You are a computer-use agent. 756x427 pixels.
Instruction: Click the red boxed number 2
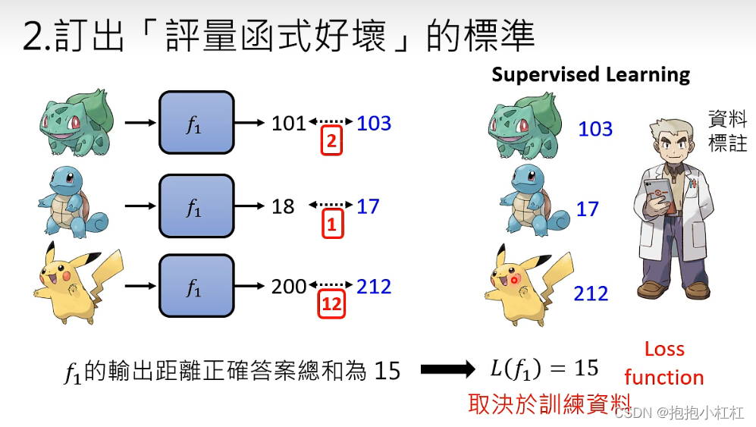click(331, 142)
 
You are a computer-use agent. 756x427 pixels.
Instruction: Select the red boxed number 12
click(331, 305)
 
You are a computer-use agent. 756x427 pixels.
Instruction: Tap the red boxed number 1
click(331, 224)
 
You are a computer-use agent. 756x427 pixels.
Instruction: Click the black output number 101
click(289, 123)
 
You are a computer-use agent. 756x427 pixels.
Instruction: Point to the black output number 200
click(289, 287)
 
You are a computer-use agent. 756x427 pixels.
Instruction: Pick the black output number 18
click(283, 206)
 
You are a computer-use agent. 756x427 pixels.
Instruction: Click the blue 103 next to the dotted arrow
click(374, 123)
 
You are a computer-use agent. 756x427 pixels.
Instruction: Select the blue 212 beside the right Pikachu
click(591, 294)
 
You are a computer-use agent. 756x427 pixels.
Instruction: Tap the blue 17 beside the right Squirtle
click(588, 209)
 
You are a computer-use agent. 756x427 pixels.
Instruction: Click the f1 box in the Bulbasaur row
click(196, 123)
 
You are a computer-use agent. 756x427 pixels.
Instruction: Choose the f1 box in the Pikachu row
click(196, 286)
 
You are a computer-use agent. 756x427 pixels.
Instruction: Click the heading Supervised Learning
click(591, 74)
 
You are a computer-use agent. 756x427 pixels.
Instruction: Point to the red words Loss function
click(664, 363)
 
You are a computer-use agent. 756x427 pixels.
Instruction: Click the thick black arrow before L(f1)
click(447, 369)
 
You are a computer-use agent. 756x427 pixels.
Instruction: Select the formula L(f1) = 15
click(544, 369)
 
